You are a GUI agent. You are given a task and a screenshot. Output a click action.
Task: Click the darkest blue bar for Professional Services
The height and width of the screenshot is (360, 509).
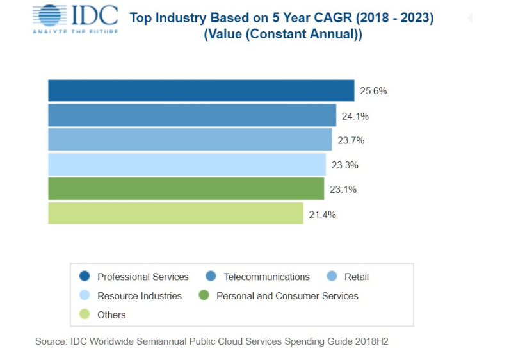point(201,91)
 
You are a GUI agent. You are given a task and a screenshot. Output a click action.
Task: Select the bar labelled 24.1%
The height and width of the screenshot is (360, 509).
point(192,115)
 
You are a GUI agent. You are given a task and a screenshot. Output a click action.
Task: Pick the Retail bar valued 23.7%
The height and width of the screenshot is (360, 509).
point(190,140)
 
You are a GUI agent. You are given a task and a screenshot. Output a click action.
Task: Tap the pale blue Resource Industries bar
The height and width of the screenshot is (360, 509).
point(187,165)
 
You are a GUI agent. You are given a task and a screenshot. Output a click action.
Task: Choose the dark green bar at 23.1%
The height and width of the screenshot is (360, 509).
point(186,189)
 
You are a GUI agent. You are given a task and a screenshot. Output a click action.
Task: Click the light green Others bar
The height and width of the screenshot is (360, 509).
point(175,213)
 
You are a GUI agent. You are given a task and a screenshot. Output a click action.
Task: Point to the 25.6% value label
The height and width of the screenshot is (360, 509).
point(373,91)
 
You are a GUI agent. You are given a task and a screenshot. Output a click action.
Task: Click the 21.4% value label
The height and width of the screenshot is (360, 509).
point(322,214)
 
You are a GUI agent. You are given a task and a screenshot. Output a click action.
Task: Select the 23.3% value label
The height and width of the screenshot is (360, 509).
point(344,165)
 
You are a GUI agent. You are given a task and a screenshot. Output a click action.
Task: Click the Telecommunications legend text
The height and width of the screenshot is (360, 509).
point(266,277)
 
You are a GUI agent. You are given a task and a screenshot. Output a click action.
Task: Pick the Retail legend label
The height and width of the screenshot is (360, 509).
point(357,277)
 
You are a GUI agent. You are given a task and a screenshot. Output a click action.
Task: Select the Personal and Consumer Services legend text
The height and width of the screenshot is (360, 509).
point(287,295)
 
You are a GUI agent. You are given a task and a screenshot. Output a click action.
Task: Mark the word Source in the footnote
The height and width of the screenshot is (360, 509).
point(51,341)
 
